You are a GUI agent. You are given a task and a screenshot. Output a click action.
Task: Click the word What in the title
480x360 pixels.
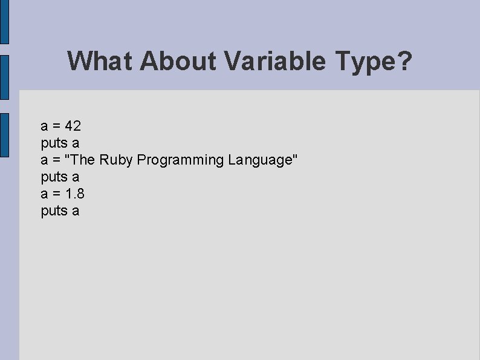(100, 61)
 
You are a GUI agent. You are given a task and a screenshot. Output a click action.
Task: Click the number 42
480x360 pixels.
(73, 126)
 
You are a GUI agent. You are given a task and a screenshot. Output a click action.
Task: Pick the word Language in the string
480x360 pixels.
(260, 160)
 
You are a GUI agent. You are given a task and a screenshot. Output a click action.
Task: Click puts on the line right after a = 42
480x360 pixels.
(54, 143)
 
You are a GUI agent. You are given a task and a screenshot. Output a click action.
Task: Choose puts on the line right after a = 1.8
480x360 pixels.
(54, 211)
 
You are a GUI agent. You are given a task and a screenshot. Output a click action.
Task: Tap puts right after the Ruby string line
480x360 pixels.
(54, 177)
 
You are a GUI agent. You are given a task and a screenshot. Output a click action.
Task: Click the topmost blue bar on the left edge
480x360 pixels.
(4, 22)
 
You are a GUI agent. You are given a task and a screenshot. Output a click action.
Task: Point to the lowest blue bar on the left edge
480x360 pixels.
(4, 135)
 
